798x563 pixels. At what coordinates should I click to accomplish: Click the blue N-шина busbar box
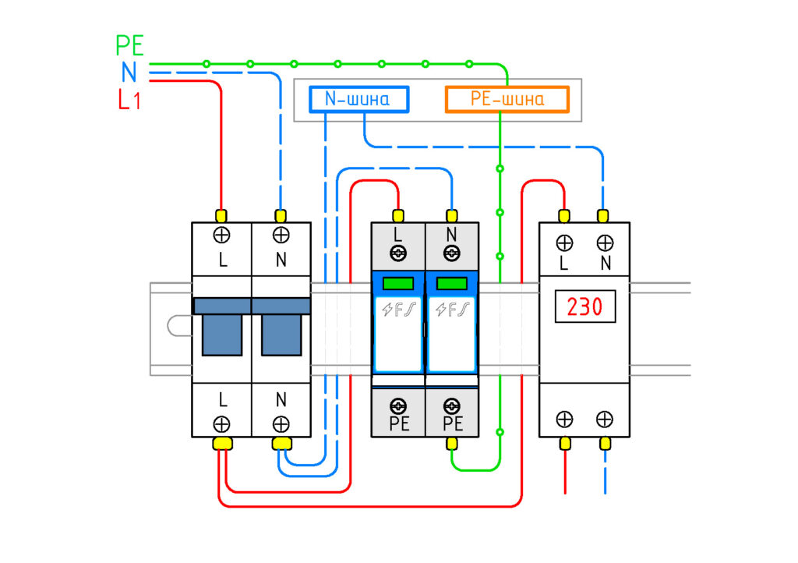358,99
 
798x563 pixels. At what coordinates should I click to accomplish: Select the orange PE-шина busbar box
507,99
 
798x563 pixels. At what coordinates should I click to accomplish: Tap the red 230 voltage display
584,306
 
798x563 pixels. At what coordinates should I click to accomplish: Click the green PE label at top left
130,45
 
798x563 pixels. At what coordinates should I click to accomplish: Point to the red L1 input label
129,99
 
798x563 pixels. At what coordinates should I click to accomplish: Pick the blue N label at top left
129,72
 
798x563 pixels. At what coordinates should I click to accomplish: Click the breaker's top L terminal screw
221,235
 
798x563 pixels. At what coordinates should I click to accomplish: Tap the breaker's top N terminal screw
281,235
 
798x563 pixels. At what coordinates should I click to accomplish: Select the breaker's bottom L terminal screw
221,423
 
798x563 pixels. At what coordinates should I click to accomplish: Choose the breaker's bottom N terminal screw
281,423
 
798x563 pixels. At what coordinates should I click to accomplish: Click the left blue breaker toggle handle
222,335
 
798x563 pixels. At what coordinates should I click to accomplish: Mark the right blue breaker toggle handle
281,335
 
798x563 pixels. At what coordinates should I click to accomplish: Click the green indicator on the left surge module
398,283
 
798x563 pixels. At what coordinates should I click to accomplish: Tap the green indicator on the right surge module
452,283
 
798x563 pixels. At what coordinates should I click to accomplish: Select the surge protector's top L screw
398,253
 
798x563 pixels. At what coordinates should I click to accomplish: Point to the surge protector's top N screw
452,253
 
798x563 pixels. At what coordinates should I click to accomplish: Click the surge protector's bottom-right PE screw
452,406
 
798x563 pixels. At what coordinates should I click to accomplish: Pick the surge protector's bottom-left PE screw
398,406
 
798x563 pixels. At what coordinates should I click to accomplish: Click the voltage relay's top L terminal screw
564,243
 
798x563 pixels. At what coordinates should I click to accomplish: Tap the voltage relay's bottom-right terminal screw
605,420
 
